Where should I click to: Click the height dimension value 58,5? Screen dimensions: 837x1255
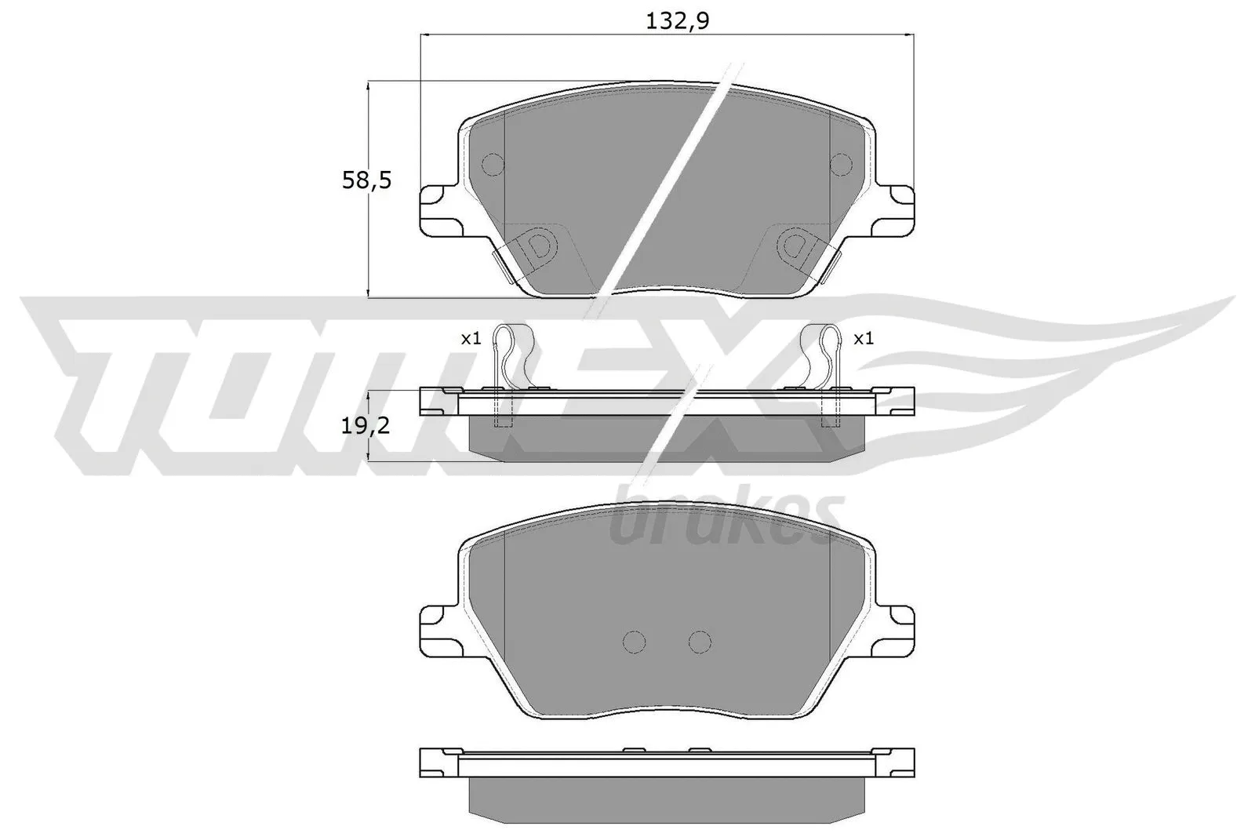366,181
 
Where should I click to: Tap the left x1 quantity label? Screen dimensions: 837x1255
470,339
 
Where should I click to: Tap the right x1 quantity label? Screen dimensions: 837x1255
863,339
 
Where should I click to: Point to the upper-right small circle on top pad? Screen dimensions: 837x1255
841,164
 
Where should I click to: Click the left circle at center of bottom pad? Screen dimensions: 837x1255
634,642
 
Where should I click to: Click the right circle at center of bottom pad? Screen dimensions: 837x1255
700,642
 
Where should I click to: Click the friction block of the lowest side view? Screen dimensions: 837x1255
667,799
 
